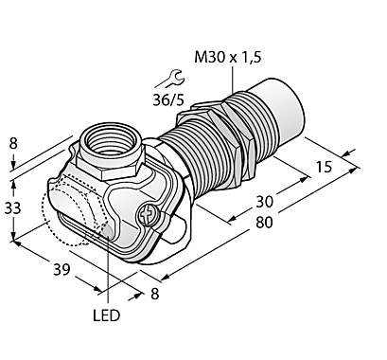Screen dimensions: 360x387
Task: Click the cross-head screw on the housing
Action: click(145, 217)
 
